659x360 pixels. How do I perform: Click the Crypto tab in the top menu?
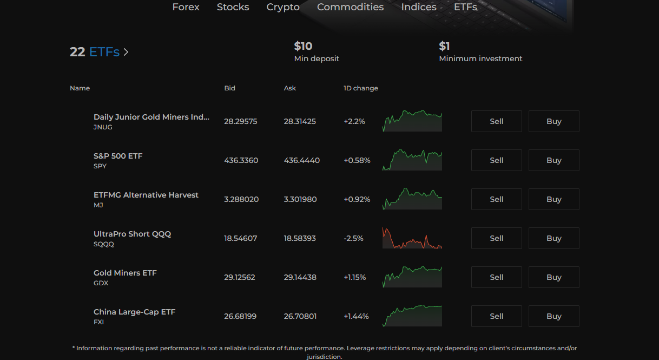(283, 7)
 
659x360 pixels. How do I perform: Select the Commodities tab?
(350, 7)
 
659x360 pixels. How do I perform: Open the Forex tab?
(186, 7)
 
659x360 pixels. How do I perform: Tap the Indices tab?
(419, 7)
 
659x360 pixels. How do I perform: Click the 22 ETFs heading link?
(99, 52)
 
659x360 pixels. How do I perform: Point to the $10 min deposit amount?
(303, 46)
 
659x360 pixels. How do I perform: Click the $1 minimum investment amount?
(444, 46)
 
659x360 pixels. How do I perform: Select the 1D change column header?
(361, 88)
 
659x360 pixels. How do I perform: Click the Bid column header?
(229, 88)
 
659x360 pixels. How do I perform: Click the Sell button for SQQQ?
(496, 238)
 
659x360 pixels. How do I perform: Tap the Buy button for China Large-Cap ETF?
(553, 316)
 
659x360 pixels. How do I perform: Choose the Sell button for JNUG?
(496, 121)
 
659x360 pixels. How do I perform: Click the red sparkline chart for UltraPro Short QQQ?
(412, 238)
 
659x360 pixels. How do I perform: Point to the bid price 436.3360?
(241, 160)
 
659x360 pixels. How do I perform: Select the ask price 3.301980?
(300, 199)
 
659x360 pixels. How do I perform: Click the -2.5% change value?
(353, 238)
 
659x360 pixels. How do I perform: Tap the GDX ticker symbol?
(101, 283)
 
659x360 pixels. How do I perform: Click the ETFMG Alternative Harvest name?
(146, 195)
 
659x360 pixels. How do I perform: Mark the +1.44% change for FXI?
(356, 316)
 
